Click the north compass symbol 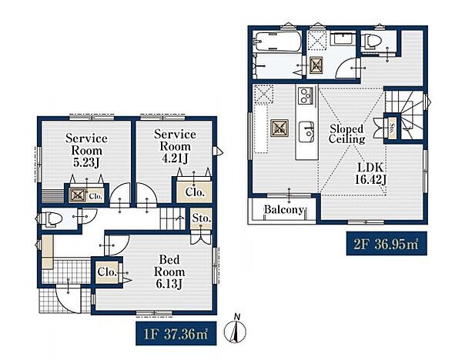235,330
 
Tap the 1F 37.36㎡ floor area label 176,334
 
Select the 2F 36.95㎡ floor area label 387,244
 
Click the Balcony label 283,209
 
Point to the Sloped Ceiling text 346,134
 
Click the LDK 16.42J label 370,173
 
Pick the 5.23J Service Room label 86,150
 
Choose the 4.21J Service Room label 175,146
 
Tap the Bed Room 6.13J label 169,272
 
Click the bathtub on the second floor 278,42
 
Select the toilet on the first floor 49,219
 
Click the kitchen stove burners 306,95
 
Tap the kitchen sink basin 306,132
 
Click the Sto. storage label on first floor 202,218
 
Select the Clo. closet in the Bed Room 108,272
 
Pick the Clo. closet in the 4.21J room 195,192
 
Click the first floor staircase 172,218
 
